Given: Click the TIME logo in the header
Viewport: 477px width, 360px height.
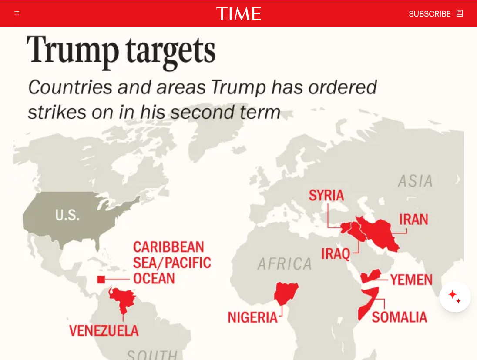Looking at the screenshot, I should [x=238, y=13].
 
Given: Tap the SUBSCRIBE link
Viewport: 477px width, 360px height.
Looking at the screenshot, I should [x=430, y=14].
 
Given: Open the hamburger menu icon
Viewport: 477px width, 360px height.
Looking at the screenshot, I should [x=17, y=13].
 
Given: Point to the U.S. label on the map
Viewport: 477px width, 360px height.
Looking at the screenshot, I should [x=67, y=215].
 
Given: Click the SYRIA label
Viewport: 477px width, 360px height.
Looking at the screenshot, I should [x=326, y=196].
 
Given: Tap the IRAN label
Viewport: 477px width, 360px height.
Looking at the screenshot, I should [x=413, y=220].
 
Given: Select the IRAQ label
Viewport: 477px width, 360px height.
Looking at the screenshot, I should [x=336, y=253].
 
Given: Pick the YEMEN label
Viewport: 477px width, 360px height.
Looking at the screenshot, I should [x=411, y=280].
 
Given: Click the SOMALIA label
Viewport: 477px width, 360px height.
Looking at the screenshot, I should [x=399, y=317].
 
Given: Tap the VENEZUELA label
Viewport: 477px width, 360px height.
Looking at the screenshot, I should [x=104, y=331].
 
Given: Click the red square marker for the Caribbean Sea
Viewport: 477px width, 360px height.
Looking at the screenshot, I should [x=101, y=280].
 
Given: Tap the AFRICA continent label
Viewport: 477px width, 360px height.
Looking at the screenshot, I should [x=285, y=264].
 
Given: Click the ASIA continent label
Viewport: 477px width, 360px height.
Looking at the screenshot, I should [x=415, y=181].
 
